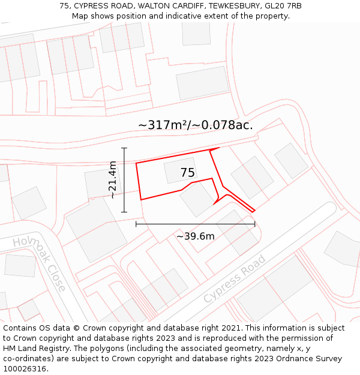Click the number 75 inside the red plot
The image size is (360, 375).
click(x=188, y=173)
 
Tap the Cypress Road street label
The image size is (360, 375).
click(x=234, y=279)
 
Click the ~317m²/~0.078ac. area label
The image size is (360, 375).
click(x=196, y=125)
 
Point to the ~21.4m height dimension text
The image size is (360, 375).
click(x=112, y=179)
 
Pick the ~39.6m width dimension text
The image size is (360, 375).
click(x=195, y=236)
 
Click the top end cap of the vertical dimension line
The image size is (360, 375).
click(x=124, y=148)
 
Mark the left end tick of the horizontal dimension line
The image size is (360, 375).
click(x=136, y=224)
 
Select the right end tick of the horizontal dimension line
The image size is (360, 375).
click(x=255, y=224)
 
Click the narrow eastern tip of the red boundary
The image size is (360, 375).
click(x=254, y=211)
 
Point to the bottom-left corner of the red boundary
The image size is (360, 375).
click(x=141, y=200)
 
